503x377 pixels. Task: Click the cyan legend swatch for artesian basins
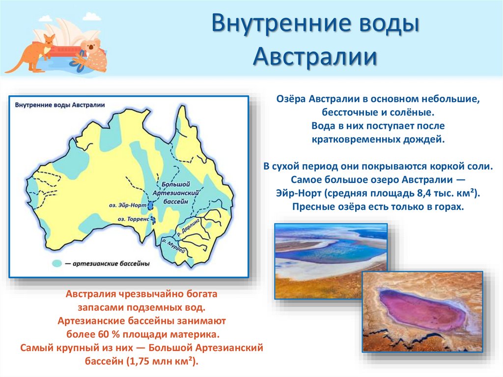pyautogui.click(x=57, y=263)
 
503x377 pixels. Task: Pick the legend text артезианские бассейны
pyautogui.click(x=111, y=264)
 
